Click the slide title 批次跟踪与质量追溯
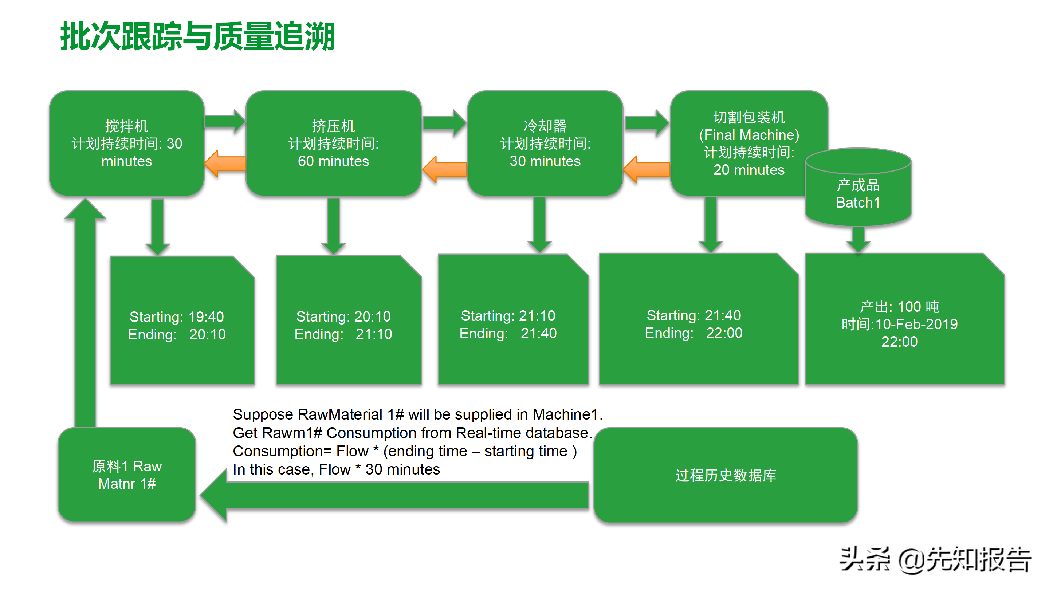(x=197, y=37)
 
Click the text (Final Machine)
(x=749, y=135)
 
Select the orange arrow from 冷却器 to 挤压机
(x=445, y=169)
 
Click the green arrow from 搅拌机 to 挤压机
(x=224, y=121)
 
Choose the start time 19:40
(x=206, y=317)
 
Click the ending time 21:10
(x=373, y=334)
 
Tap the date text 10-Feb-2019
(x=916, y=324)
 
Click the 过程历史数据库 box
(x=726, y=475)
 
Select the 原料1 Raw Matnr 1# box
(x=127, y=475)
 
